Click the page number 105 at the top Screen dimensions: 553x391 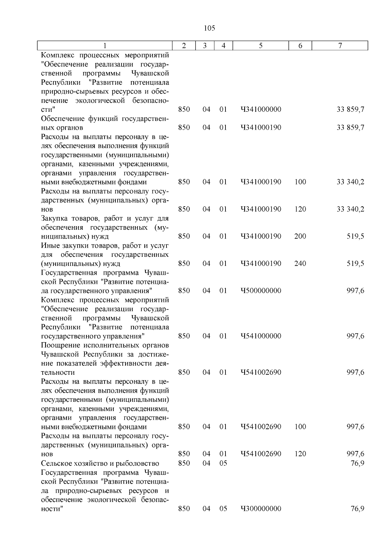[209, 28]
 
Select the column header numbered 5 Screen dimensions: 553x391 [261, 46]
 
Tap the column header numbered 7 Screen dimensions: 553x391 [340, 46]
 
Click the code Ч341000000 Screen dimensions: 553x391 [261, 109]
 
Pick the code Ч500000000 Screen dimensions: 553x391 [261, 291]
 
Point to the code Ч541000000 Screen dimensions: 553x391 [261, 336]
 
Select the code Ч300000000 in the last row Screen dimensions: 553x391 [261, 509]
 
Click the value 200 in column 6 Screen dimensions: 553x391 [300, 236]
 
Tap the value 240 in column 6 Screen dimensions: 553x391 [300, 263]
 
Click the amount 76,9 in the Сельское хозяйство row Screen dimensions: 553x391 [357, 463]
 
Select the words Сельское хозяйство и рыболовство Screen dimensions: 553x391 [100, 463]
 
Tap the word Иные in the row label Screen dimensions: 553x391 [49, 245]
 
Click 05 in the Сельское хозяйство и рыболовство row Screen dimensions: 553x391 [223, 463]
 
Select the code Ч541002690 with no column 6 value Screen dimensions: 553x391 [261, 372]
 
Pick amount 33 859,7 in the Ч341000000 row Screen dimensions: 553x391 [350, 109]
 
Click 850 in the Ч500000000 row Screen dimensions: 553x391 [184, 291]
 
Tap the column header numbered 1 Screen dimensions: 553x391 [105, 46]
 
